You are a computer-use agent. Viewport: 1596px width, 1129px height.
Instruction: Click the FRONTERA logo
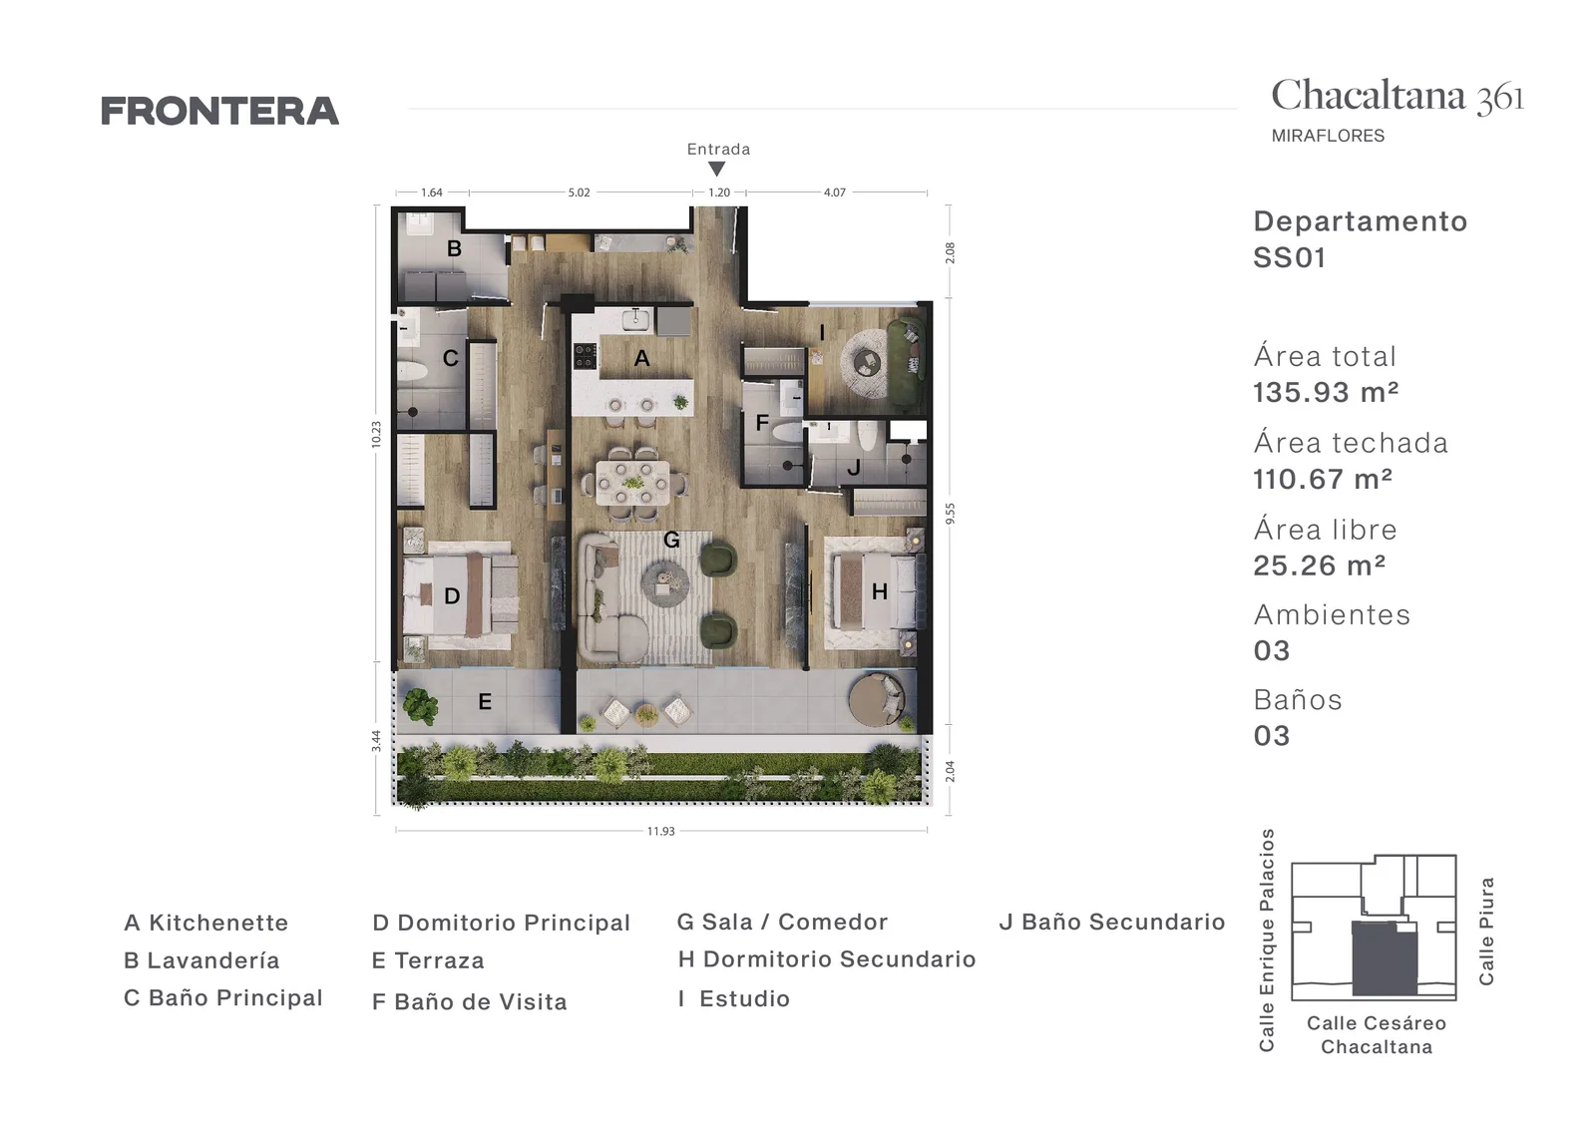220,111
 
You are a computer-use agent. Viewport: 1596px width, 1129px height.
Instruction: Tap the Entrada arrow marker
717,169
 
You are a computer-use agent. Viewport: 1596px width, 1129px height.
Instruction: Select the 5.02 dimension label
579,192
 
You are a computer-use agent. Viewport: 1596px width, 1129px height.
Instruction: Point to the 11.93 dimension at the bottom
660,831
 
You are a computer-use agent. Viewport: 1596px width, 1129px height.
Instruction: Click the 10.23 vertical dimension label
376,434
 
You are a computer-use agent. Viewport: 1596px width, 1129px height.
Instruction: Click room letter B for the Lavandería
454,248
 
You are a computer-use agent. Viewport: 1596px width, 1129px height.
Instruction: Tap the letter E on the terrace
485,701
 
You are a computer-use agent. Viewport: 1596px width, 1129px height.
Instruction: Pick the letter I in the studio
822,333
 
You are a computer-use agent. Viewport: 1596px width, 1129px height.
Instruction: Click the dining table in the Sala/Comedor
632,483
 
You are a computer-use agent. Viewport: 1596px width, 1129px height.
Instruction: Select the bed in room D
460,595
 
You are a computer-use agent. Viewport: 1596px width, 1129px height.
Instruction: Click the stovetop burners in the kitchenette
585,356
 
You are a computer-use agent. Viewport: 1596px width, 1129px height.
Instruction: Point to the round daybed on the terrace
876,700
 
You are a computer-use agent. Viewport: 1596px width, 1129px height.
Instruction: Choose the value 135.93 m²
1326,393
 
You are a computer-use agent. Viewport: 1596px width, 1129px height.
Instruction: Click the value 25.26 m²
1320,565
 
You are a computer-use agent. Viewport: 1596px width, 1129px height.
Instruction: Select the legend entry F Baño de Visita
470,1001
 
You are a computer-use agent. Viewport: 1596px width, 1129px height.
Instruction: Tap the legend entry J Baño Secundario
1112,922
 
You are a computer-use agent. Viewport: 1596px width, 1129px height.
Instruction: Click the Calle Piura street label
1486,932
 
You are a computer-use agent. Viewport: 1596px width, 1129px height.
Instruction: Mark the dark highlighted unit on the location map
1385,958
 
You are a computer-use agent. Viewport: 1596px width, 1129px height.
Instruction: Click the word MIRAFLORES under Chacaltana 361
1328,136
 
